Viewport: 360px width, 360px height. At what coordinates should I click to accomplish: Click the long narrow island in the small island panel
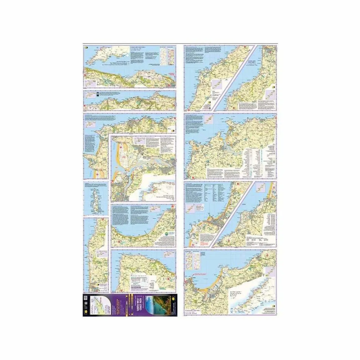(x=95, y=199)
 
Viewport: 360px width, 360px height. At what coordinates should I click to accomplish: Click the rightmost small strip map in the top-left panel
(x=171, y=56)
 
